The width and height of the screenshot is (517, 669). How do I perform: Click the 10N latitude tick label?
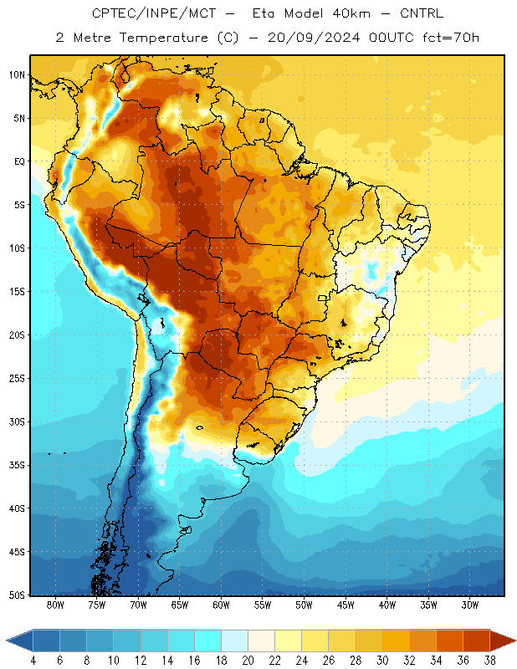17,75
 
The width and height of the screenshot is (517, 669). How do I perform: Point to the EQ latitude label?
19,161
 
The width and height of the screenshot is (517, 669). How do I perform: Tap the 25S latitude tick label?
17,379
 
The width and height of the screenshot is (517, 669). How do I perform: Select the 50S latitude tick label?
17,595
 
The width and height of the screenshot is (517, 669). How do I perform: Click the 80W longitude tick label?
55,605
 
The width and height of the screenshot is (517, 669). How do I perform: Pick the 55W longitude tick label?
263,605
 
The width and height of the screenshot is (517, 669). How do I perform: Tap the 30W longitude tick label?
470,605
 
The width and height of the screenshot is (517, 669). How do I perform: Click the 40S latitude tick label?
17,508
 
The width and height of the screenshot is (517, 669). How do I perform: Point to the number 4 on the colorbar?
33,661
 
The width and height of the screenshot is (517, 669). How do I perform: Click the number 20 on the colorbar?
248,661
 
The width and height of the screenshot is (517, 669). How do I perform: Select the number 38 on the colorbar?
489,661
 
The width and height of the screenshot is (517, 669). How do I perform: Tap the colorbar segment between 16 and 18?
208,641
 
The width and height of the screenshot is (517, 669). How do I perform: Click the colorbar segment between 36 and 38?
477,641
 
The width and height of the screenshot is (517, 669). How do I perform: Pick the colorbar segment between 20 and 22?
261,641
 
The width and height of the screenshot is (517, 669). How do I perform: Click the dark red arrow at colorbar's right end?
503,641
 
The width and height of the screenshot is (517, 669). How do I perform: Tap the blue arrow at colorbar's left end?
19,641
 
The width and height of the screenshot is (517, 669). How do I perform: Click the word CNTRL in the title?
422,13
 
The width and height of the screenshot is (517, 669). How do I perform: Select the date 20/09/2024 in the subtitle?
314,38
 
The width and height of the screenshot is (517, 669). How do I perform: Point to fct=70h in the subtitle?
451,38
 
